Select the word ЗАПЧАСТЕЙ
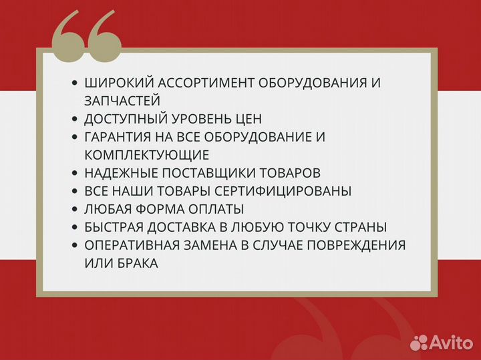123,101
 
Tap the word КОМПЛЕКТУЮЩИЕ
147,155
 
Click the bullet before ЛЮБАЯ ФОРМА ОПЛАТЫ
75,209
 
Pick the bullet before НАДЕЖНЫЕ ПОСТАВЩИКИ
75,173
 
